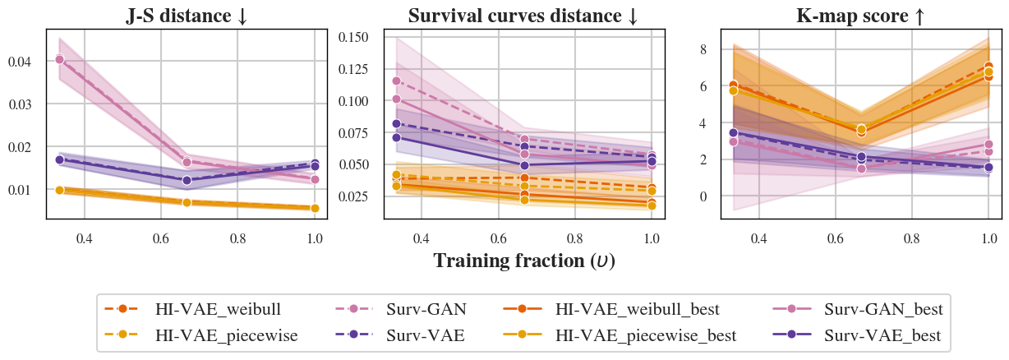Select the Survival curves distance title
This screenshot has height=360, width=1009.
tap(523, 16)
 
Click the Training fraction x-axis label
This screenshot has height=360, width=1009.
tap(523, 261)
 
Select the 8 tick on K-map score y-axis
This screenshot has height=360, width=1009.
tap(703, 49)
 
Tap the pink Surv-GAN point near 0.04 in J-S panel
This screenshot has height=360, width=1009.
tap(59, 59)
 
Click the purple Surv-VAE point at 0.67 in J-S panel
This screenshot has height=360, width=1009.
tap(187, 179)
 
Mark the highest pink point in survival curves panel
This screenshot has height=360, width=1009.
tap(396, 81)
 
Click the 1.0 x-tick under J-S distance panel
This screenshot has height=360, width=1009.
tap(315, 238)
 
